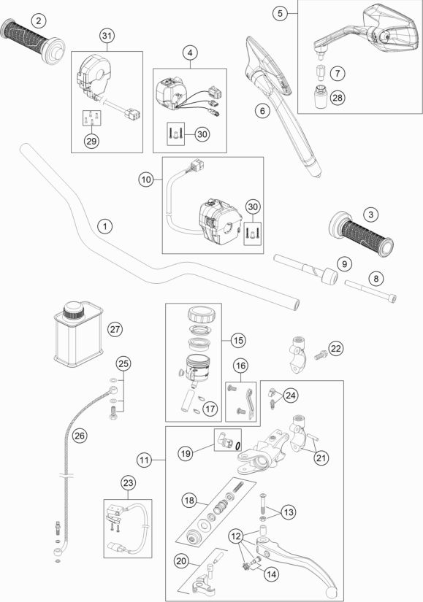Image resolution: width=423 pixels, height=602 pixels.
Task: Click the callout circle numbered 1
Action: tap(104, 225)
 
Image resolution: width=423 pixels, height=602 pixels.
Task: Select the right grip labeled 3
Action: tap(362, 234)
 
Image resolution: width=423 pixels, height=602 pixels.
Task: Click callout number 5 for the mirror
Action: tap(280, 13)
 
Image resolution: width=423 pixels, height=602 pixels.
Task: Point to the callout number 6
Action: tap(262, 111)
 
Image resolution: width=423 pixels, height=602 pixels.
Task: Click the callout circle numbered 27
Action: tap(115, 329)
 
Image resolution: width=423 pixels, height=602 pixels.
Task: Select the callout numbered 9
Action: tap(344, 263)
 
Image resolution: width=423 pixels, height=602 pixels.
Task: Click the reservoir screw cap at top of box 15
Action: tap(202, 315)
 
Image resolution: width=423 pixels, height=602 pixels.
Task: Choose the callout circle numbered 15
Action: tap(238, 340)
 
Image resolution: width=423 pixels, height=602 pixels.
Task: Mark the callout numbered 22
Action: tap(336, 348)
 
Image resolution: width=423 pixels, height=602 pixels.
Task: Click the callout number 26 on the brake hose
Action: tap(79, 436)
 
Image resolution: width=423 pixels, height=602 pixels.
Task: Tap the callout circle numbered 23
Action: tap(128, 482)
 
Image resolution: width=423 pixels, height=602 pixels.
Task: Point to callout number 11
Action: tap(144, 460)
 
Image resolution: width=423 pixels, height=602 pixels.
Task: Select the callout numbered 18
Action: tap(189, 501)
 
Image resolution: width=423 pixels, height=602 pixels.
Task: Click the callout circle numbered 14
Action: tap(271, 574)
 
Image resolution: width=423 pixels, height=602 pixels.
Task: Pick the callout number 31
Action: tap(107, 36)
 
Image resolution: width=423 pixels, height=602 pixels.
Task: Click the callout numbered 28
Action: tap(338, 97)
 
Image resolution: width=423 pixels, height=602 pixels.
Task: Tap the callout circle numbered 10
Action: tap(147, 180)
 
